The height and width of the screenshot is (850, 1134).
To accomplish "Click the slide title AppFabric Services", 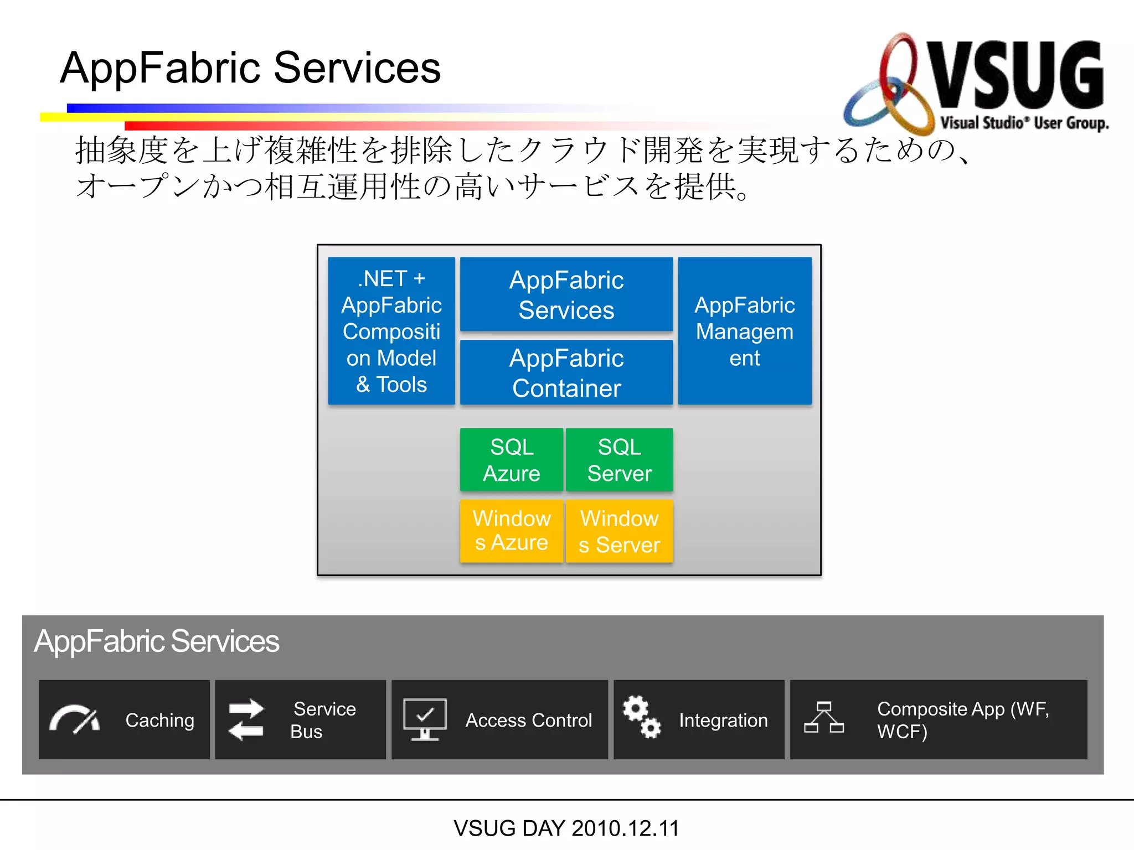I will click(250, 68).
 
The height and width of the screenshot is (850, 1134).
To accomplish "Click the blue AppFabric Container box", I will click(566, 372).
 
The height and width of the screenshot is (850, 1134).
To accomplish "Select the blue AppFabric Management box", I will click(744, 331).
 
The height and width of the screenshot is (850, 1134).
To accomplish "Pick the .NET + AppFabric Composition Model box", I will click(391, 331).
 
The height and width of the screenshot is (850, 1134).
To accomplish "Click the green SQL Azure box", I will click(511, 460).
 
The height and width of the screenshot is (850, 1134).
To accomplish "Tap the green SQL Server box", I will click(619, 460).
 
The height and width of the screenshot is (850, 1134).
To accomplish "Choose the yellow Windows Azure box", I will click(511, 531).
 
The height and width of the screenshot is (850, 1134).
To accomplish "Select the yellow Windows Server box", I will click(619, 531).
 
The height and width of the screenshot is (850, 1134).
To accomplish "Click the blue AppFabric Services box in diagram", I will click(566, 294).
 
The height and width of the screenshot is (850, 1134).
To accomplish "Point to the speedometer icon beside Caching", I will click(74, 719).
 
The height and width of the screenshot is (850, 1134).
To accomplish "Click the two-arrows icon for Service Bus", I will click(246, 719).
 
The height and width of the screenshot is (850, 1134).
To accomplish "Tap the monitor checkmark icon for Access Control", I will click(425, 719).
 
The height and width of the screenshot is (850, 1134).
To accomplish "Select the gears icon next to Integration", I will click(641, 717).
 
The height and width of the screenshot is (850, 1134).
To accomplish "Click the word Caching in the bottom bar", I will click(159, 720).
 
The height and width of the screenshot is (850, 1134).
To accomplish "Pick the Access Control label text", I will click(528, 720).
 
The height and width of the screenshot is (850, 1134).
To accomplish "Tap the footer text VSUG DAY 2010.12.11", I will click(566, 828).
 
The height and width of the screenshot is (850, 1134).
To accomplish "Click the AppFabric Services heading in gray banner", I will click(157, 641).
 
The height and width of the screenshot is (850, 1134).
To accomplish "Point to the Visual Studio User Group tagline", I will click(1024, 123).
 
